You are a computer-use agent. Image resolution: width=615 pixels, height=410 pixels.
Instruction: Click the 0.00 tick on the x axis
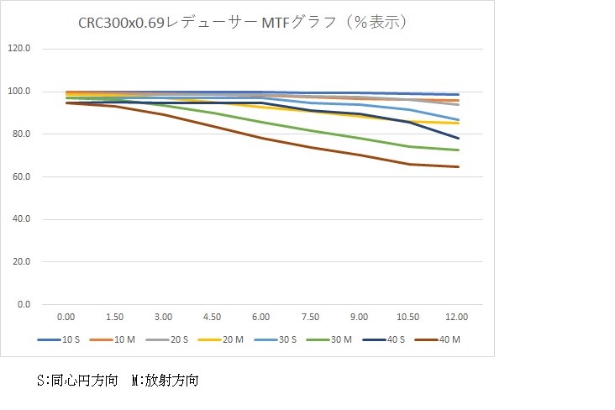pyautogui.click(x=66, y=317)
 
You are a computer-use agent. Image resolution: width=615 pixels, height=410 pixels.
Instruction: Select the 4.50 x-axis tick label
pyautogui.click(x=213, y=317)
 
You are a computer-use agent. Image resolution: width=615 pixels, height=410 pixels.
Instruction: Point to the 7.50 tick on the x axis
pyautogui.click(x=310, y=317)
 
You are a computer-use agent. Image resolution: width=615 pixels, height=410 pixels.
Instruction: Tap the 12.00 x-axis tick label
pyautogui.click(x=457, y=317)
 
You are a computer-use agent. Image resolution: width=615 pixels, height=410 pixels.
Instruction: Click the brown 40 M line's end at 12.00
pyautogui.click(x=459, y=166)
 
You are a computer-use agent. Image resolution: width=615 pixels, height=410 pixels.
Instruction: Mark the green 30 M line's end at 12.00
pyautogui.click(x=459, y=150)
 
